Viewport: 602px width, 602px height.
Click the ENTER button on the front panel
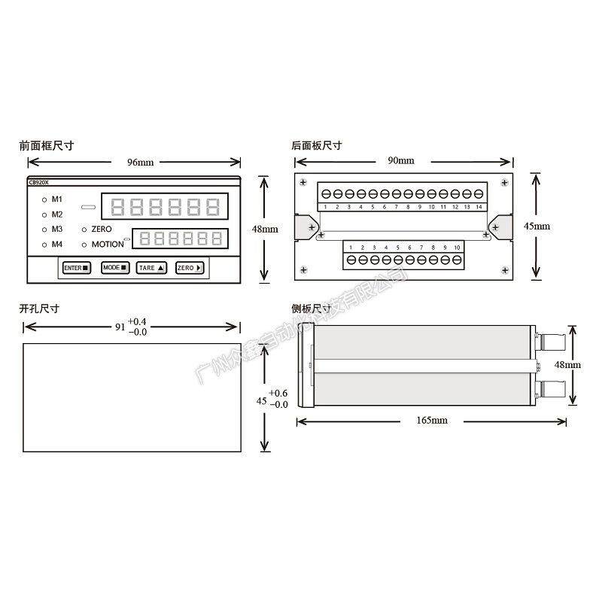tap(76, 267)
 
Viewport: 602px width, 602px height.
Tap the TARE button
tap(150, 267)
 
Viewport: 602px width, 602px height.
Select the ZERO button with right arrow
tap(190, 267)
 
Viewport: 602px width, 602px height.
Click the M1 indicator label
tap(57, 199)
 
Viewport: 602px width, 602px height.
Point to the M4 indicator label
tap(57, 244)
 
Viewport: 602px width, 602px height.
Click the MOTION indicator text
tap(108, 244)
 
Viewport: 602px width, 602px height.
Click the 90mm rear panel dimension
tap(401, 161)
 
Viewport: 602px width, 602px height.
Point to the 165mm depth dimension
tap(432, 420)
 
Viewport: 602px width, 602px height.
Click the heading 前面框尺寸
tap(47, 145)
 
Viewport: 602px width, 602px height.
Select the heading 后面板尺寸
tap(316, 145)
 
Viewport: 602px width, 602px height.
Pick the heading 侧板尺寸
tap(312, 309)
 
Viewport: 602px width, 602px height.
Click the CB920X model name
tap(38, 182)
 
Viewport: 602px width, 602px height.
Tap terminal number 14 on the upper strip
tap(479, 206)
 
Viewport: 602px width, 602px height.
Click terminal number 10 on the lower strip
tap(457, 247)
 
